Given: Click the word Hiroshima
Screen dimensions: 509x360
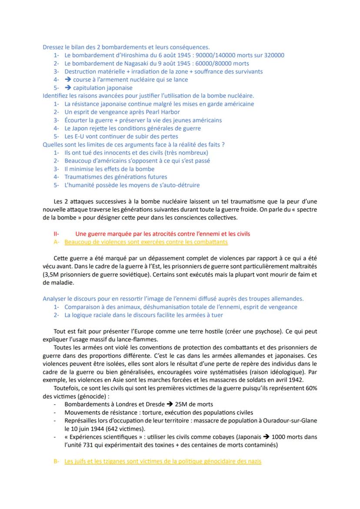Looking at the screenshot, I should point(134,55).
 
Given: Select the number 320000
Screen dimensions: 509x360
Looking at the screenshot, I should point(271,55).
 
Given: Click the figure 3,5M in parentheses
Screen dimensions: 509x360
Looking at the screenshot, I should point(51,275).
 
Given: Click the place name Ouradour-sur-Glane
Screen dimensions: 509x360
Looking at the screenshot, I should point(289,420).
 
